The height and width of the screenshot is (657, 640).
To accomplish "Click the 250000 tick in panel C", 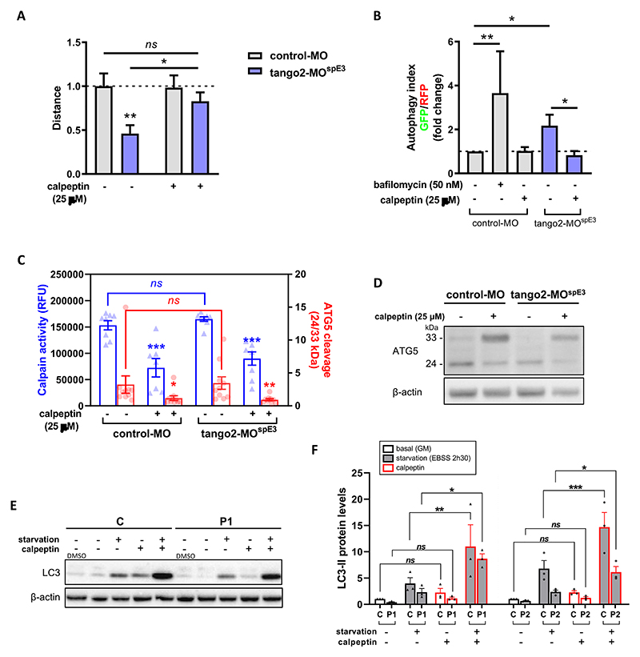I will coord(65,274).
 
